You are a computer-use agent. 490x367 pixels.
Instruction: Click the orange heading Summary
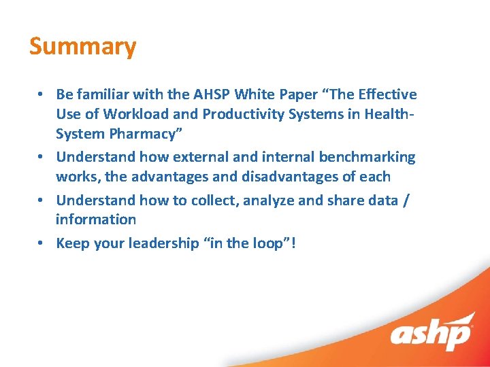(x=82, y=47)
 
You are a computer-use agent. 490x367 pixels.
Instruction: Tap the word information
(x=96, y=220)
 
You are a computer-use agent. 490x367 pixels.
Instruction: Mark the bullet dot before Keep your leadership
(x=42, y=243)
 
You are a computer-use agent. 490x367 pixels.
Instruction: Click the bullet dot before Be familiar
(x=42, y=94)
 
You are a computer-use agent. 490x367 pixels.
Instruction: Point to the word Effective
(x=387, y=94)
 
